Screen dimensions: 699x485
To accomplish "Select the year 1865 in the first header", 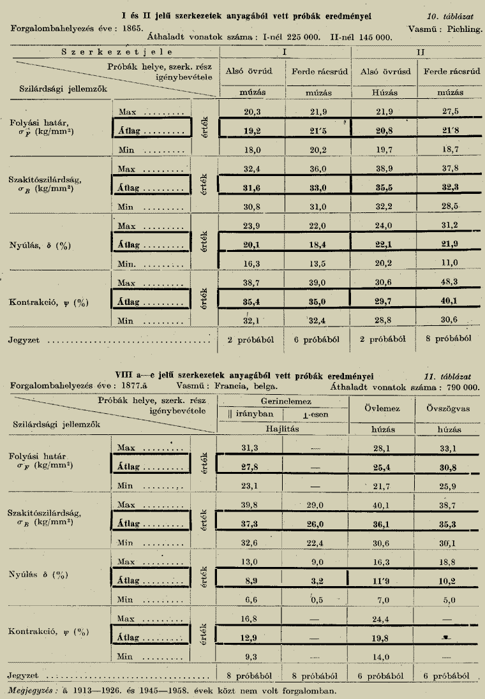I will pyautogui.click(x=131, y=29).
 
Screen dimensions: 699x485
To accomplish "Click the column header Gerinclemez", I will pyautogui.click(x=284, y=402).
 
